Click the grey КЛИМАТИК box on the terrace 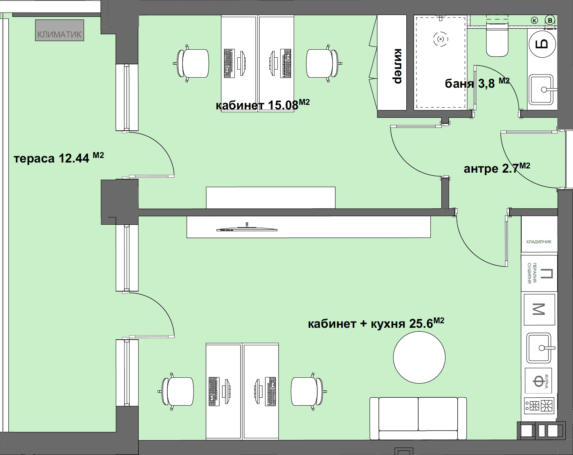click(x=59, y=30)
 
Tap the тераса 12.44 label click(x=59, y=158)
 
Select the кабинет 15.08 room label click(x=262, y=105)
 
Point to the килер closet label click(x=398, y=66)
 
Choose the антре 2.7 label click(x=497, y=168)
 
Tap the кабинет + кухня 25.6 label click(x=376, y=323)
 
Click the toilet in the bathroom click(x=497, y=39)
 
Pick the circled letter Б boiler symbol click(x=542, y=44)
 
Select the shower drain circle click(x=441, y=39)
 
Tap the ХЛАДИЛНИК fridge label click(x=539, y=241)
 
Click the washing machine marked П click(x=539, y=273)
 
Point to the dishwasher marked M click(x=539, y=310)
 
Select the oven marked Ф click(x=538, y=381)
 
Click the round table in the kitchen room click(x=419, y=357)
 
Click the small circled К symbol click(x=534, y=20)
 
